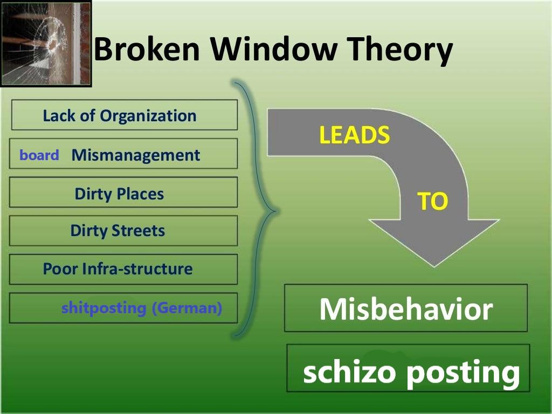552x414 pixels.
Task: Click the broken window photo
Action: [x=46, y=44]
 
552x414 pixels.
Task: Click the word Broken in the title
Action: [x=147, y=49]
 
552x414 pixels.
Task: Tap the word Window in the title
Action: [x=274, y=49]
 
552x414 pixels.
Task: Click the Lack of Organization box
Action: [x=125, y=115]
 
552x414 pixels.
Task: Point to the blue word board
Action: [x=39, y=155]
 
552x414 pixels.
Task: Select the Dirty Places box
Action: [x=123, y=192]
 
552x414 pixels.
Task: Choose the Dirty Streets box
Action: [x=123, y=231]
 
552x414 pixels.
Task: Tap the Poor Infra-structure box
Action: [x=123, y=270]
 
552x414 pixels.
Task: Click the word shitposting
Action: [x=103, y=308]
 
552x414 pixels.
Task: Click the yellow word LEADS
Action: [x=355, y=135]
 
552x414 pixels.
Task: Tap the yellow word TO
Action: [x=433, y=201]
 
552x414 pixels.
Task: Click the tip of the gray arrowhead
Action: [x=434, y=267]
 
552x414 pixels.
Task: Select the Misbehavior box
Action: [x=406, y=308]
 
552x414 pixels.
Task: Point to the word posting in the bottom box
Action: [x=463, y=374]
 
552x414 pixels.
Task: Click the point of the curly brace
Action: [x=278, y=211]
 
